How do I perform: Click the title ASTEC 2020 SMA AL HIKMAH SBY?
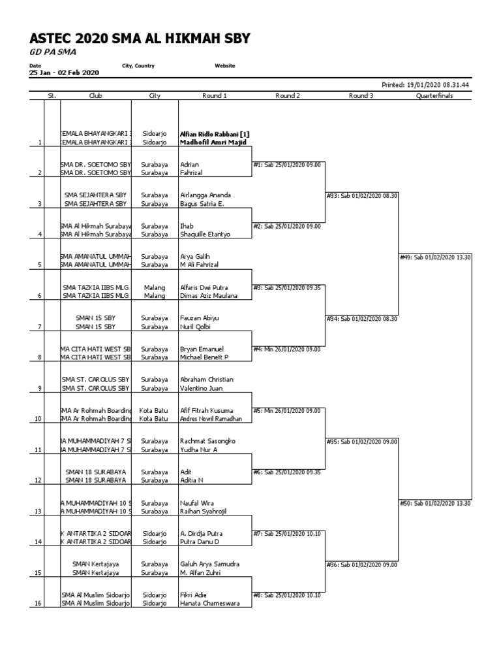pyautogui.click(x=140, y=39)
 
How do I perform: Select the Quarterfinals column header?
pyautogui.click(x=434, y=95)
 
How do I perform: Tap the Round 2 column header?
pyautogui.click(x=288, y=95)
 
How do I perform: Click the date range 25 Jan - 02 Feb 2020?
pyautogui.click(x=64, y=73)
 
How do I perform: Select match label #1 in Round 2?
pyautogui.click(x=287, y=165)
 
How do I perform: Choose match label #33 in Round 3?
pyautogui.click(x=362, y=195)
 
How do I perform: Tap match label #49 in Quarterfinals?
pyautogui.click(x=435, y=257)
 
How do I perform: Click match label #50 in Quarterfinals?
pyautogui.click(x=435, y=502)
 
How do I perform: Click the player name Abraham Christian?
pyautogui.click(x=207, y=380)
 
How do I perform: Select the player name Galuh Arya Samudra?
pyautogui.click(x=209, y=564)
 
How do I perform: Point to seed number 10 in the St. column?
pyautogui.click(x=38, y=419)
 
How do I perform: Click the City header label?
pyautogui.click(x=155, y=95)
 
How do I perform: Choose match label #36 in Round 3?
pyautogui.click(x=362, y=564)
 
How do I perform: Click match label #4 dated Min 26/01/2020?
pyautogui.click(x=287, y=349)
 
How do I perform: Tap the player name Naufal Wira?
pyautogui.click(x=198, y=502)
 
